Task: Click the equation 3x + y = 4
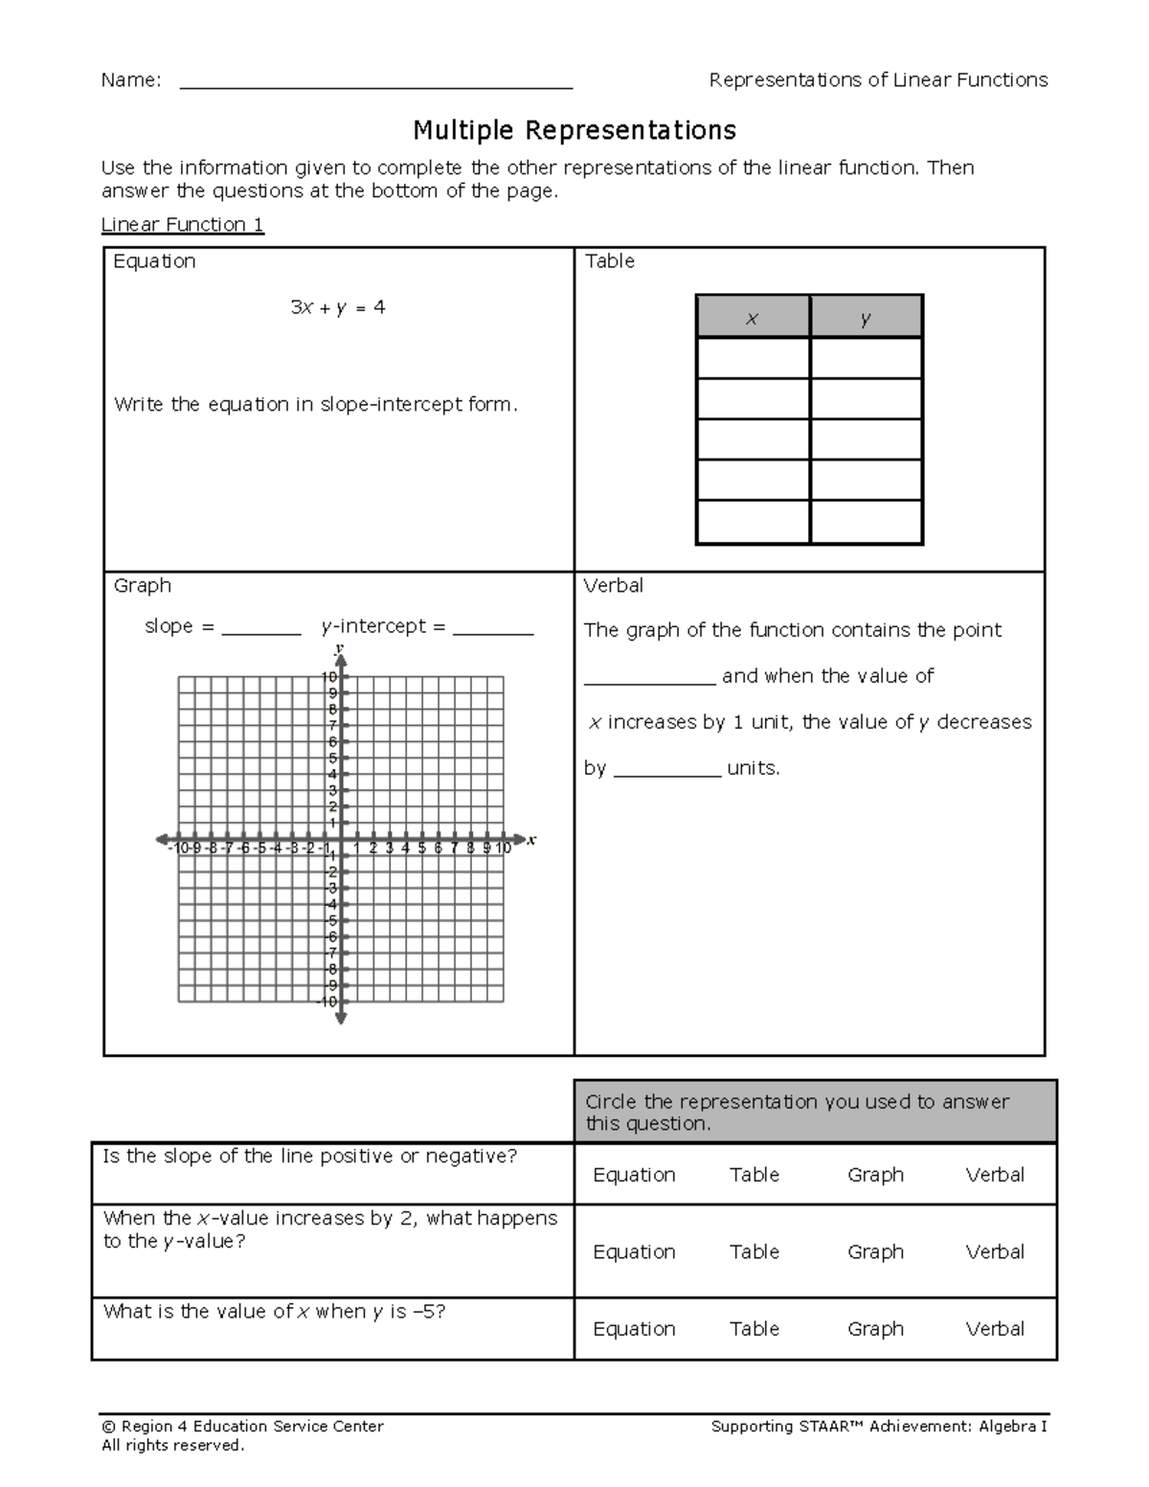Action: (338, 307)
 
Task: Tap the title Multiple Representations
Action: (574, 129)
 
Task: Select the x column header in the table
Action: (753, 319)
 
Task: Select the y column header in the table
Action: (866, 319)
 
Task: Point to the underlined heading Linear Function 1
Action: (183, 225)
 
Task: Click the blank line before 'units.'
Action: (666, 772)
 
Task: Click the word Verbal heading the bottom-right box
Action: (614, 585)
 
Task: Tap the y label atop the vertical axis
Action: (339, 649)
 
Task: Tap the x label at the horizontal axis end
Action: (532, 841)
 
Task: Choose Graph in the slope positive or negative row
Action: (875, 1175)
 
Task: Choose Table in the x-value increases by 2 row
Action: (754, 1251)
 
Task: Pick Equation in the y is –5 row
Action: (634, 1329)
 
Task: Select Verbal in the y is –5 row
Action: (995, 1329)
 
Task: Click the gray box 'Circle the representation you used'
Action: (815, 1112)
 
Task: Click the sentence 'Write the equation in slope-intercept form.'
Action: (316, 404)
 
